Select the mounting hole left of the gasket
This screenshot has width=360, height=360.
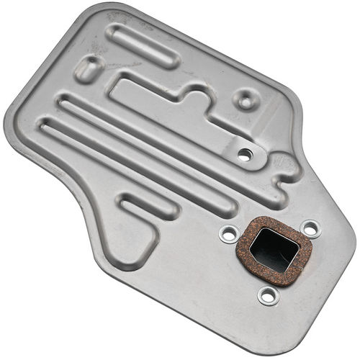click(x=229, y=234)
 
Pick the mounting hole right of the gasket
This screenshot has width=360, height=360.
click(x=310, y=230)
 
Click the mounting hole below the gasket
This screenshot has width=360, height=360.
click(x=268, y=294)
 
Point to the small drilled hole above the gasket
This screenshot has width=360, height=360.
click(x=245, y=153)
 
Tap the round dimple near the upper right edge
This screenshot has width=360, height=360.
click(x=246, y=100)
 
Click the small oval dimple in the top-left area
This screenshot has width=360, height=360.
click(x=91, y=68)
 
